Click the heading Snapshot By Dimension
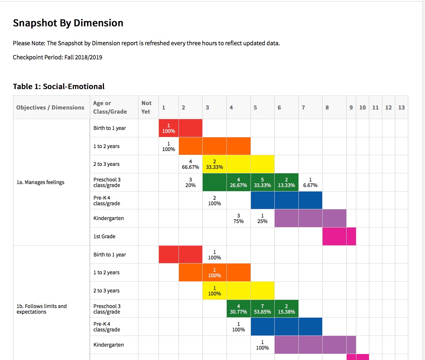point(68,23)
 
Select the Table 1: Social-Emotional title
point(59,86)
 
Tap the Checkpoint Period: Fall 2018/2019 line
point(58,57)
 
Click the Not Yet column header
point(146,107)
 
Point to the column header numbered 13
point(401,107)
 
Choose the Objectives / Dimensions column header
point(50,107)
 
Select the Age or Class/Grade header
point(110,107)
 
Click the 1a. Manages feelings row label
point(40,182)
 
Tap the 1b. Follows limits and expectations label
point(42,309)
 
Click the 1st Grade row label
point(104,236)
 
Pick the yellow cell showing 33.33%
point(215,164)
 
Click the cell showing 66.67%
point(190,164)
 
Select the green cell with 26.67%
point(238,182)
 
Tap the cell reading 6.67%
point(310,182)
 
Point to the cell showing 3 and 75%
point(238,218)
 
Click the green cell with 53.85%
point(262,309)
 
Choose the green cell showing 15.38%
point(286,309)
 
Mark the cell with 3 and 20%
point(190,182)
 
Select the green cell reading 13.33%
point(286,182)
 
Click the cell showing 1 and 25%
point(262,218)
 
